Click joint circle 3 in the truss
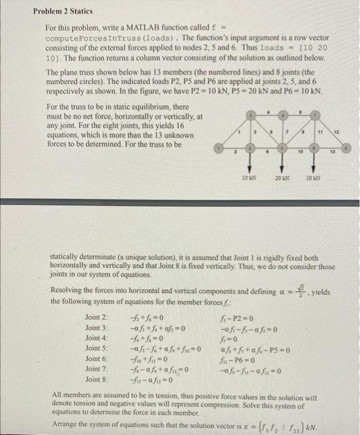point(250,116)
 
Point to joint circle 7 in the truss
point(314,116)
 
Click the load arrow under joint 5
point(282,167)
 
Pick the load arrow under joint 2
point(250,167)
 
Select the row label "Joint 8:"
point(96,378)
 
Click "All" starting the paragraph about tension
point(59,395)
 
